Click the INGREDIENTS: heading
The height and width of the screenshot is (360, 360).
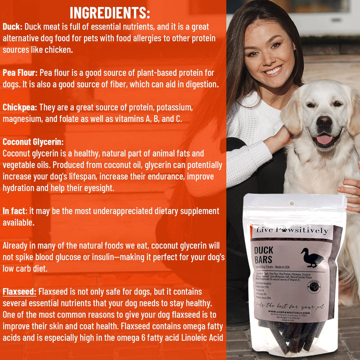point(109,12)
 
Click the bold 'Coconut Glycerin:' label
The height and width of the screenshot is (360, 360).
point(33,142)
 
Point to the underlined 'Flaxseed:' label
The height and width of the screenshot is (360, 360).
point(19,291)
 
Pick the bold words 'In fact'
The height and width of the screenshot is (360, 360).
point(13,211)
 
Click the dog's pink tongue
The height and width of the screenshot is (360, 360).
point(324,139)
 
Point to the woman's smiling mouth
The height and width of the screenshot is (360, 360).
point(272,70)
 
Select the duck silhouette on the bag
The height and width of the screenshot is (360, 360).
point(311,257)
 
